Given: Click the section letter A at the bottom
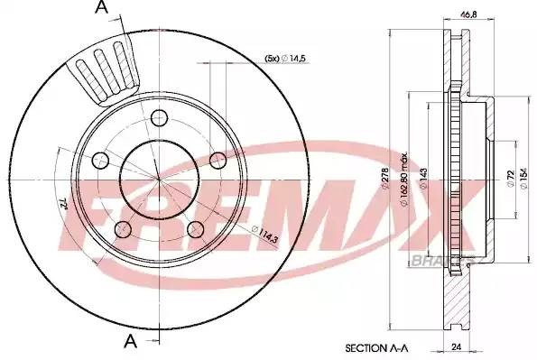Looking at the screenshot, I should click(131, 340).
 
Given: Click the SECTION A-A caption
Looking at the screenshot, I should click(376, 346).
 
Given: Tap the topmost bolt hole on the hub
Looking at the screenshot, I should click(161, 117).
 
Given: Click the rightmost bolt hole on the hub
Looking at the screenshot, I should click(218, 159).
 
